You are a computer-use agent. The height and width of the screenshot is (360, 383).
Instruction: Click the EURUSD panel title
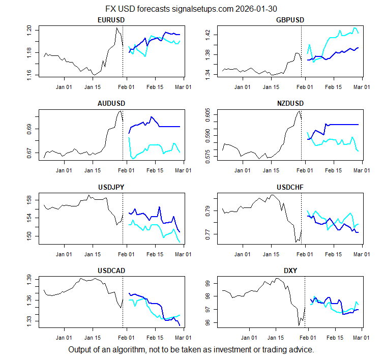(111, 20)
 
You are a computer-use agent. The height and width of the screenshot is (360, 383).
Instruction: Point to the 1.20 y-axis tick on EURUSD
(29, 29)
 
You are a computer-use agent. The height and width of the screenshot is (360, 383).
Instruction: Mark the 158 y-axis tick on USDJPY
(29, 199)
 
